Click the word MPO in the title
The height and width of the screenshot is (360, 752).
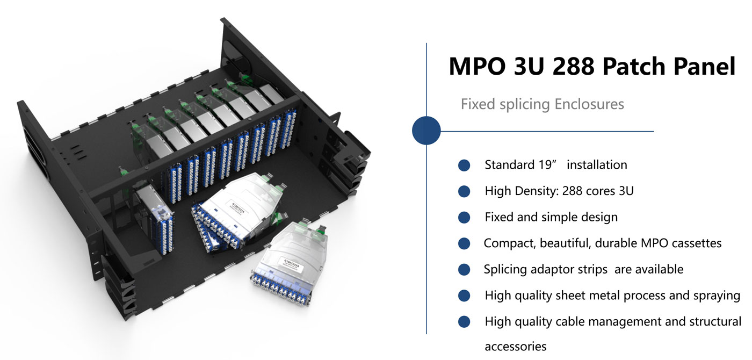(478, 66)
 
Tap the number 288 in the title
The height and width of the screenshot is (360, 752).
(574, 66)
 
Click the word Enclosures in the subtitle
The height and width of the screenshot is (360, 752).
(589, 104)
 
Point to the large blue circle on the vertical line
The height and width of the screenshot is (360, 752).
(426, 131)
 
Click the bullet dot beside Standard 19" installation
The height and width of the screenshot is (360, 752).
(464, 165)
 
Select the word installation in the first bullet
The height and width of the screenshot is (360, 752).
(597, 165)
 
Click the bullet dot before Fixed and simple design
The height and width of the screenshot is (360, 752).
(464, 217)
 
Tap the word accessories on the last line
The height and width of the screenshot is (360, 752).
(516, 347)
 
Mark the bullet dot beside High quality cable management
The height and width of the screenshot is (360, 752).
(464, 322)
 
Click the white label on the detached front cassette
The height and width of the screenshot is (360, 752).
(293, 264)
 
